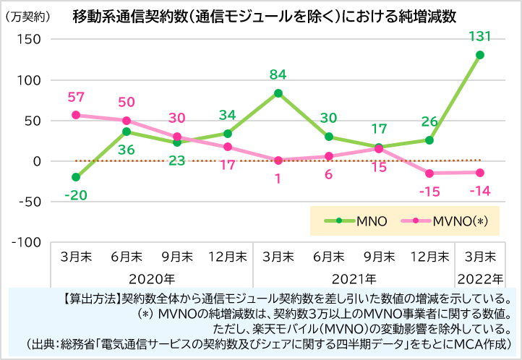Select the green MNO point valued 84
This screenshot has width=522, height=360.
pyautogui.click(x=278, y=93)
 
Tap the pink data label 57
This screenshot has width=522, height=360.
pyautogui.click(x=76, y=97)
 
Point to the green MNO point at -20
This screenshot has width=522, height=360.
pyautogui.click(x=76, y=177)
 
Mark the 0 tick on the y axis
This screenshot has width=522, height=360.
pyautogui.click(x=34, y=161)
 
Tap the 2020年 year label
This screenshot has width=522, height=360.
pyautogui.click(x=150, y=278)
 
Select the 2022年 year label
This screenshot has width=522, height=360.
pyautogui.click(x=480, y=278)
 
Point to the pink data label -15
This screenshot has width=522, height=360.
pyautogui.click(x=429, y=191)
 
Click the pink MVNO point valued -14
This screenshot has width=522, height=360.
pyautogui.click(x=480, y=172)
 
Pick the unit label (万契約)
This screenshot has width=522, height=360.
pyautogui.click(x=27, y=16)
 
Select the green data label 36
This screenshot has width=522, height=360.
pyautogui.click(x=127, y=150)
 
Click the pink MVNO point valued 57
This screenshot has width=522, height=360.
pyautogui.click(x=76, y=115)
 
